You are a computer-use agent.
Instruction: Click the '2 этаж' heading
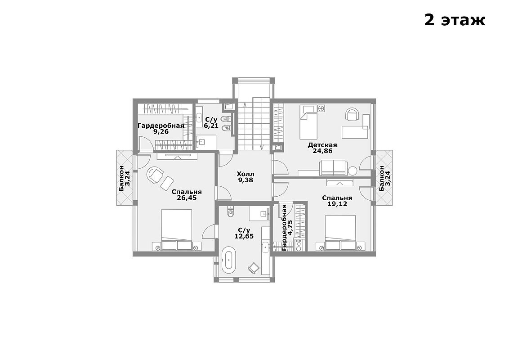click(x=455, y=20)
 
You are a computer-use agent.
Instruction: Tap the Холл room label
click(x=246, y=174)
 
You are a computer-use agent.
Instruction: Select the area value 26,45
click(x=187, y=198)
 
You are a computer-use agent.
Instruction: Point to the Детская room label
click(x=322, y=145)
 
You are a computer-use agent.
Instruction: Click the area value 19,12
click(x=337, y=204)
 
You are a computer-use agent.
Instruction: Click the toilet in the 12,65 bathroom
click(x=231, y=211)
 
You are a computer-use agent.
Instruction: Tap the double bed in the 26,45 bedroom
click(x=177, y=229)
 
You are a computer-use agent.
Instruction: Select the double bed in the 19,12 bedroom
click(x=340, y=233)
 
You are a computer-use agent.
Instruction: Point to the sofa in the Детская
click(x=333, y=168)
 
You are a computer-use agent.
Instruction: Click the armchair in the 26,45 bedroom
click(x=156, y=175)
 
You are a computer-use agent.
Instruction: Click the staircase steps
click(x=253, y=123)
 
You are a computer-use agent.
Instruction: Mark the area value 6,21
click(x=211, y=126)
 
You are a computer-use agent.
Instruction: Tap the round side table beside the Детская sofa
click(x=353, y=170)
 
